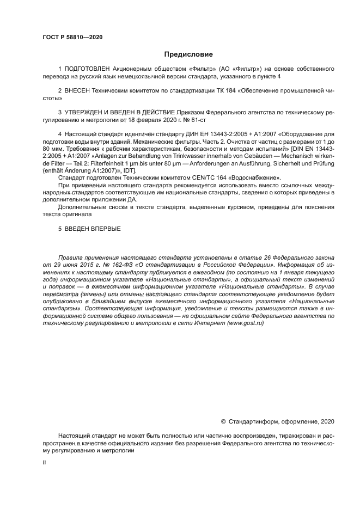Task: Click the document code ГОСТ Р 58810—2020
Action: [x=72, y=38]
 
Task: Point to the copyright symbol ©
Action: [x=223, y=421]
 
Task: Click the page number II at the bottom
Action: [x=44, y=462]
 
